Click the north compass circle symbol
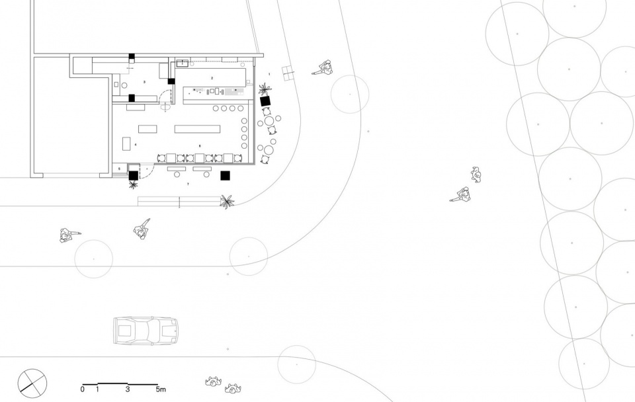[33, 382]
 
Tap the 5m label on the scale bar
[161, 390]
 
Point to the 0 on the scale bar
[83, 390]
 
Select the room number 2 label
[212, 78]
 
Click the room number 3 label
[144, 82]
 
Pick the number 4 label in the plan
[136, 144]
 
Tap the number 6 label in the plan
[200, 145]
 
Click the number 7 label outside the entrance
[189, 182]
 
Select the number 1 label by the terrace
[270, 73]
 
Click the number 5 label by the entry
[120, 169]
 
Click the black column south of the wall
[225, 176]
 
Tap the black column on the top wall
[132, 56]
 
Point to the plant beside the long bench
[227, 201]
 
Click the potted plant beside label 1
[265, 89]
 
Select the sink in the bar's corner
[180, 64]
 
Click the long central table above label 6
[196, 128]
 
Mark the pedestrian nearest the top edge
[324, 67]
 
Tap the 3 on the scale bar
[127, 390]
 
